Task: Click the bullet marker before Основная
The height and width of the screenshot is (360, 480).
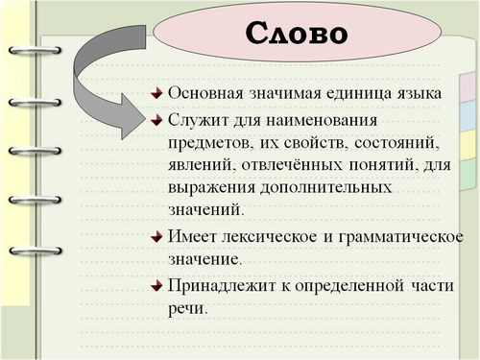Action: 157,94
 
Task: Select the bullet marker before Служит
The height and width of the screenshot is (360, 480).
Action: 157,119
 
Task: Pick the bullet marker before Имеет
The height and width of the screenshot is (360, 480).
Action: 157,236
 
